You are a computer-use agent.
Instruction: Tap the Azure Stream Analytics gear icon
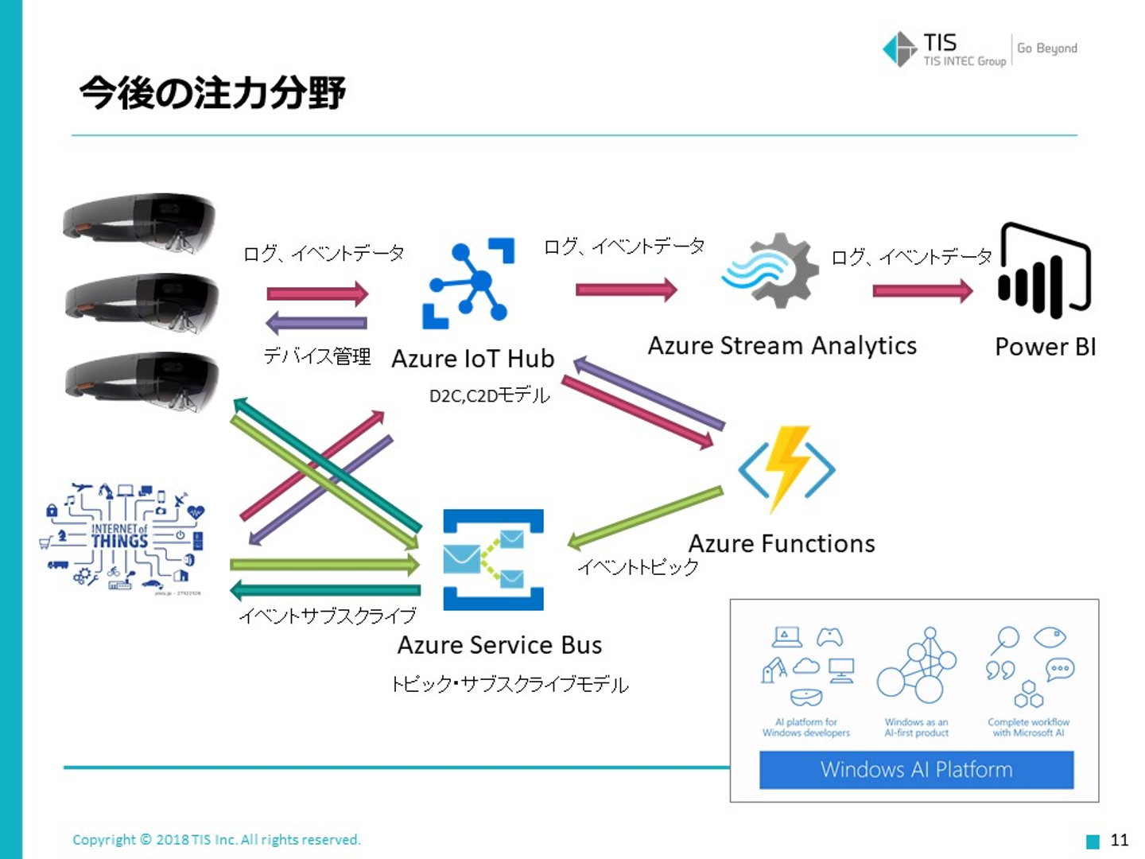[771, 270]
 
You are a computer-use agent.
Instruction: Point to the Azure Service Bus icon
[493, 560]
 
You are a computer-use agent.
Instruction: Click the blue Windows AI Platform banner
[916, 769]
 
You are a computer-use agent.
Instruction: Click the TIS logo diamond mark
[900, 49]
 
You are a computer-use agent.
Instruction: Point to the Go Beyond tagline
[1047, 48]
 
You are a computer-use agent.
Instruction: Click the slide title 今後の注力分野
[212, 93]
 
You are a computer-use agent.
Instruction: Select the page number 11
[1120, 840]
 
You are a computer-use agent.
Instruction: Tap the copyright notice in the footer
[216, 839]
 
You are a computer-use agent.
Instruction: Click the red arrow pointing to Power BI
[922, 291]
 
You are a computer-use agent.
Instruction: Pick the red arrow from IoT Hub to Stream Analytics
[626, 290]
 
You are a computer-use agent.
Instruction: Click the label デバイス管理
[317, 356]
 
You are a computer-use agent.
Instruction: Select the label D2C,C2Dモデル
[489, 395]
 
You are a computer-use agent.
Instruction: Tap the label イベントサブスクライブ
[328, 615]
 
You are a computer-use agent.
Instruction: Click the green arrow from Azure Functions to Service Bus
[645, 518]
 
